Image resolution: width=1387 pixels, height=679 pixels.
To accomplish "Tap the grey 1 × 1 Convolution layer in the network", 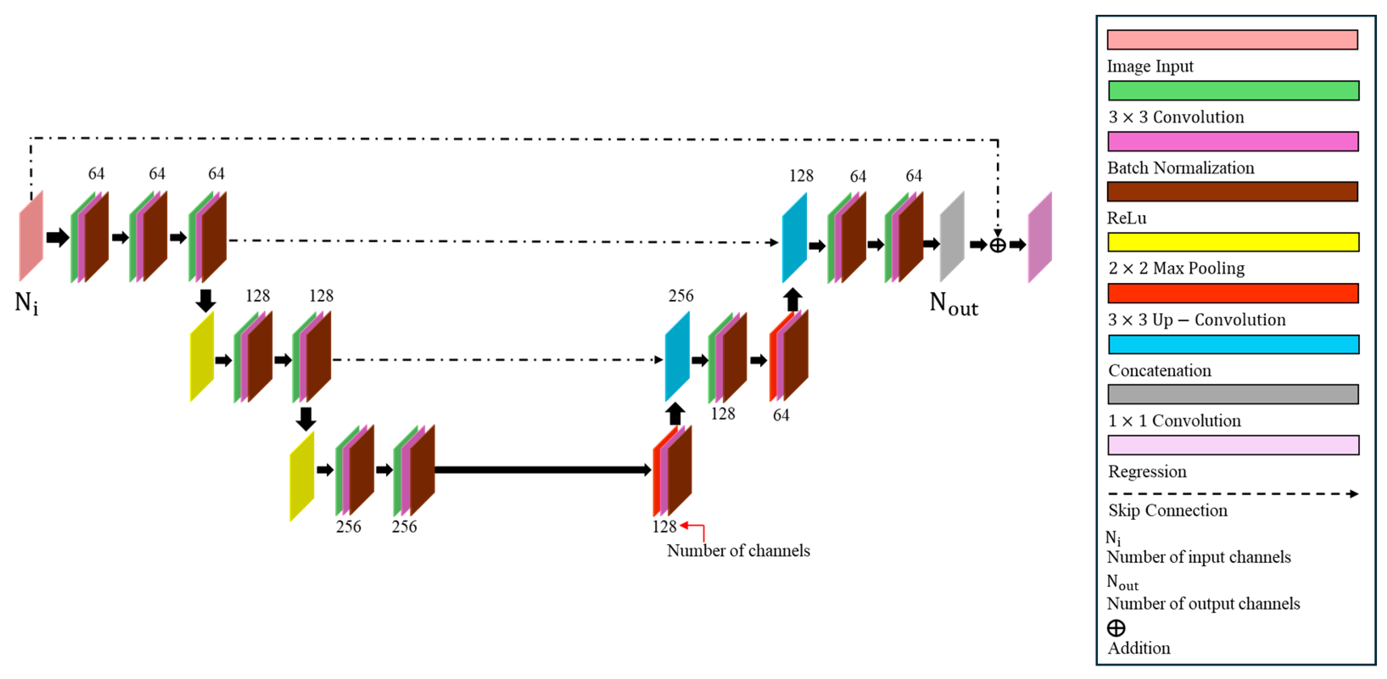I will [x=952, y=237].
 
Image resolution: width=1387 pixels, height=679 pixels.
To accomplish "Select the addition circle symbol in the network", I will [x=997, y=245].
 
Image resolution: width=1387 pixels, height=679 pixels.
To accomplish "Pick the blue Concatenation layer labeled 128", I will [x=794, y=238].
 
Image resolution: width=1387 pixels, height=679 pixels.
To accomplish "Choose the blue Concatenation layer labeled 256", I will [x=677, y=356].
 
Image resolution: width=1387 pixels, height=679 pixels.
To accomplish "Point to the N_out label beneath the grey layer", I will [x=953, y=305].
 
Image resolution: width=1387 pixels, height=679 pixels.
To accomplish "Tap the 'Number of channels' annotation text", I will [x=738, y=550].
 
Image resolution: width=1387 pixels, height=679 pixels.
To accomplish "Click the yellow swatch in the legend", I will [x=1233, y=242].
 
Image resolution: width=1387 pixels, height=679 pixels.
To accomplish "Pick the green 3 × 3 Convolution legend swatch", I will [x=1233, y=90].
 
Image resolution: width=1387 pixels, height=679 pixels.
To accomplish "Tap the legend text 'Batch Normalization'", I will [x=1180, y=168].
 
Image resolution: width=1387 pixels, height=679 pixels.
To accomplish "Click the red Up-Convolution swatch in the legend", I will [x=1233, y=293].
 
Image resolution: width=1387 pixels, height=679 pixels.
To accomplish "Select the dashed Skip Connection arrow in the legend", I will [x=1233, y=494].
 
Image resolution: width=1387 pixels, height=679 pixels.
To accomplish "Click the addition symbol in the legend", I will [x=1116, y=628].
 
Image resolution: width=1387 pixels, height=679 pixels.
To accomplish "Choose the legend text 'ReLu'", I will [x=1126, y=218].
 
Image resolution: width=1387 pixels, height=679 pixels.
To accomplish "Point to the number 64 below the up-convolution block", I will [x=781, y=416].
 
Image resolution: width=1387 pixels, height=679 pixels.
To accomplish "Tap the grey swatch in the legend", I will [x=1233, y=394].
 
